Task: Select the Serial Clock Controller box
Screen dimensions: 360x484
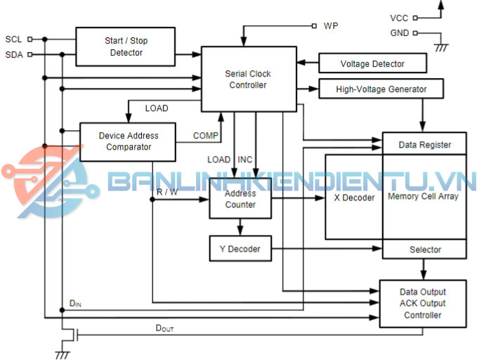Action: (x=247, y=79)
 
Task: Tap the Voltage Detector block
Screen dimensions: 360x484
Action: (x=372, y=64)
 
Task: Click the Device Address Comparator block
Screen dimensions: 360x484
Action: (x=128, y=141)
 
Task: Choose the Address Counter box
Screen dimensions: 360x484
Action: (x=240, y=199)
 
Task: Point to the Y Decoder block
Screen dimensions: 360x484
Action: (x=240, y=249)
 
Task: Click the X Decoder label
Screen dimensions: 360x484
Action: (x=354, y=198)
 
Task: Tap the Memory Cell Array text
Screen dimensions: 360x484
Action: (x=423, y=196)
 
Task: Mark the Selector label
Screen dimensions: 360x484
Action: (x=425, y=250)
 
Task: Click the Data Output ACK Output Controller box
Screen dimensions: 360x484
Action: (x=423, y=304)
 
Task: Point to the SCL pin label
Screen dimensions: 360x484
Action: (x=13, y=39)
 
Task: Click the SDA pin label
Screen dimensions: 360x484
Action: (x=13, y=54)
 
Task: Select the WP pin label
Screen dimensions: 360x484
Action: (x=331, y=26)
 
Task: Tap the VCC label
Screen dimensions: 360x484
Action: (x=398, y=18)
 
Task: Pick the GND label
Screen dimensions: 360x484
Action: (x=398, y=33)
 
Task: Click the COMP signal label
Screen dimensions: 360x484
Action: (x=206, y=135)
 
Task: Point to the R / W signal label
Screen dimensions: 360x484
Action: (x=167, y=191)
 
